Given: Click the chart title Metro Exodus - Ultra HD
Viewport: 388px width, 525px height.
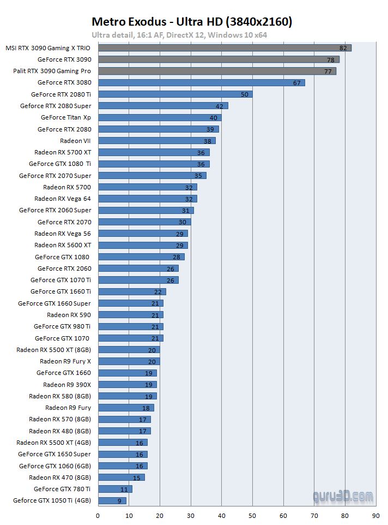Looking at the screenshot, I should click(x=191, y=22).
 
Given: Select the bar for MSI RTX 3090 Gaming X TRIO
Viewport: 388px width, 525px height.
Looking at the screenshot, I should click(x=225, y=48).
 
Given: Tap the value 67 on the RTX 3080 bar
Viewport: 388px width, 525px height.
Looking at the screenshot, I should click(x=296, y=83).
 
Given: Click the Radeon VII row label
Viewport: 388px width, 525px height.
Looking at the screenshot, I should click(x=75, y=141).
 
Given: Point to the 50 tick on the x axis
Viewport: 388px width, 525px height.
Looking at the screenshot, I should click(x=252, y=515).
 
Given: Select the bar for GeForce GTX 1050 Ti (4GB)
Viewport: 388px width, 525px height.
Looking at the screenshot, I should click(x=112, y=500).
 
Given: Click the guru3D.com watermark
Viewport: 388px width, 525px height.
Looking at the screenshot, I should click(x=343, y=497).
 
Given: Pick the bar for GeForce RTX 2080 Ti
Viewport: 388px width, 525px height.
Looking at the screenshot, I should click(x=175, y=94).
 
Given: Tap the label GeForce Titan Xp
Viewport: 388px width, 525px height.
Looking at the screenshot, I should click(x=65, y=118).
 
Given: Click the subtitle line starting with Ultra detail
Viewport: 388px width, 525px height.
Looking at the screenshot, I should click(x=179, y=35).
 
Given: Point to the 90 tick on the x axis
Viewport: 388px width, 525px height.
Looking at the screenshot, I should click(x=375, y=515).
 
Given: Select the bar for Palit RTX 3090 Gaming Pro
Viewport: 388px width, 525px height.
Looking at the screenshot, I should click(x=217, y=71).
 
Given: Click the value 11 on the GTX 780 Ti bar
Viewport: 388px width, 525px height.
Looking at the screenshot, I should click(x=124, y=489).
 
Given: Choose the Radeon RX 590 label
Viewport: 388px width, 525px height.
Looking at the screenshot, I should click(x=69, y=315).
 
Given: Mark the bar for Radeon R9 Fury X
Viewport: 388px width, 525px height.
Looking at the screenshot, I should click(x=129, y=361).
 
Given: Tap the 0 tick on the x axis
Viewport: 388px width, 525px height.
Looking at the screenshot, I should click(x=98, y=515).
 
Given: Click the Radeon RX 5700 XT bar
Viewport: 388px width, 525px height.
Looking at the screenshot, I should click(x=154, y=152).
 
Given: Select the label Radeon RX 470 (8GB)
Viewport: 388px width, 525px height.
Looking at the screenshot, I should click(x=60, y=478).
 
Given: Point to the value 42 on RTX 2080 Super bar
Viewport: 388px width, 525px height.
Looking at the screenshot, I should click(x=220, y=106).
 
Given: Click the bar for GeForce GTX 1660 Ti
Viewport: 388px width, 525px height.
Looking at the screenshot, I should click(x=132, y=292).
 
